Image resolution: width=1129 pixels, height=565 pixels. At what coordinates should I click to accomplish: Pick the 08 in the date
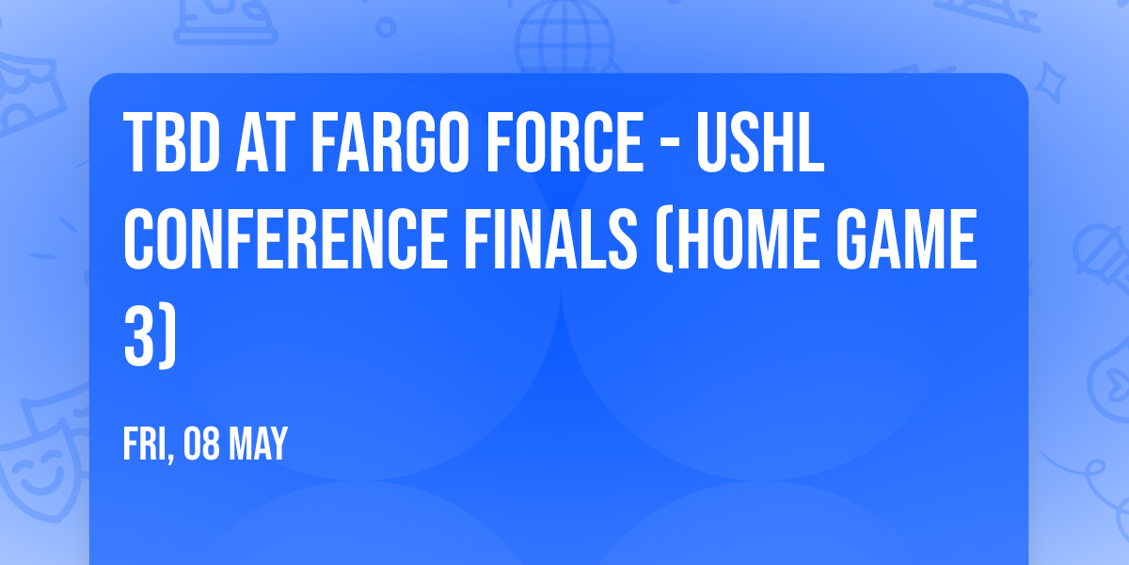coord(202,444)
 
